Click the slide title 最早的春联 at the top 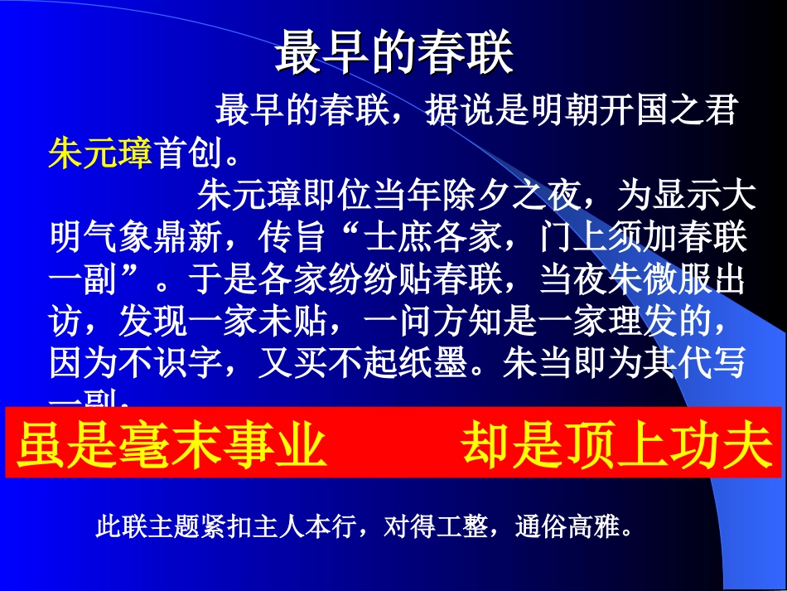tap(393, 53)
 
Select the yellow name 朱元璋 tap(99, 153)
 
